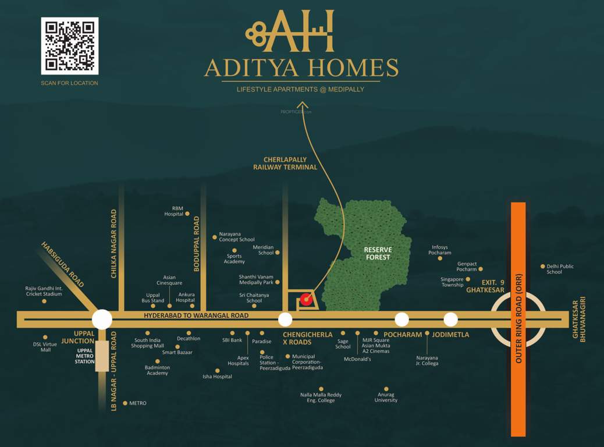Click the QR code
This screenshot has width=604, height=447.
coord(70,46)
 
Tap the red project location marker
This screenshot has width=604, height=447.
coord(306,300)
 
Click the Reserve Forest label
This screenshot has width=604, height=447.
coord(378,253)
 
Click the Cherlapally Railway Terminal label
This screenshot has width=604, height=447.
coord(285,164)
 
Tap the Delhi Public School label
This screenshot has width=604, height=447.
coord(559,269)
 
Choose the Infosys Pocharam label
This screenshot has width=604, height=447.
coord(440,250)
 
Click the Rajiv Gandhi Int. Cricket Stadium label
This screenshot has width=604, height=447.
coord(44,291)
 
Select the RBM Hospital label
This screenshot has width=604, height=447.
coord(173,211)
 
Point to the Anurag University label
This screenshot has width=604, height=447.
coord(386,397)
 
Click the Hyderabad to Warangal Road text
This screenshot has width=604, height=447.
coord(196,315)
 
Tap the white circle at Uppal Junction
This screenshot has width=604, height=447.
coord(102,319)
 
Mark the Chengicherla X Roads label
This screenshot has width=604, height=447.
coord(307,338)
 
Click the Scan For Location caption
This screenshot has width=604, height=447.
coord(69,83)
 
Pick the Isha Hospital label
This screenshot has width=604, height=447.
coord(217,377)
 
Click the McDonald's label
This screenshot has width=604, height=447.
coord(357,359)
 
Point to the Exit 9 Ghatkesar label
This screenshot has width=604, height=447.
coord(485,286)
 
